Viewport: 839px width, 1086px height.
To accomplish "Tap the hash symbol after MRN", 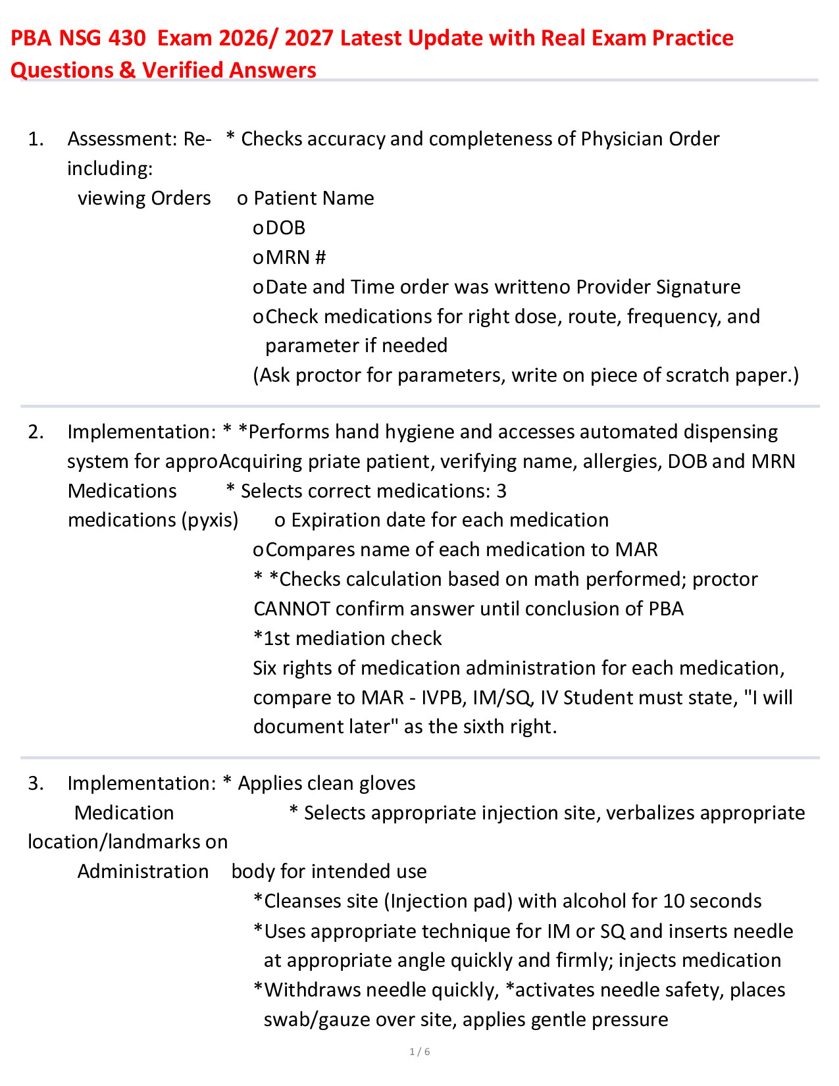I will point(320,257).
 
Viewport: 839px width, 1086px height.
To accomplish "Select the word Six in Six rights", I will point(265,668).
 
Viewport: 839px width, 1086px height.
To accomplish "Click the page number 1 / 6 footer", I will point(420,1052).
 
